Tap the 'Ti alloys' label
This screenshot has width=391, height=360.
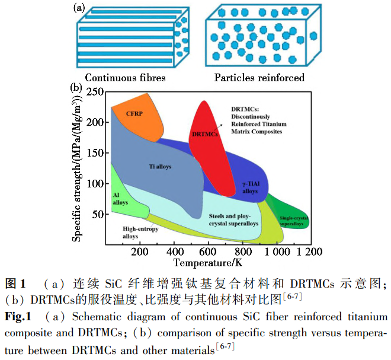(159, 167)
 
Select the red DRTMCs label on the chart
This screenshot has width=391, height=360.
(205, 135)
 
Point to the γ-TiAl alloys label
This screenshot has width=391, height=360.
(251, 187)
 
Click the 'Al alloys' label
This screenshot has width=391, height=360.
(120, 198)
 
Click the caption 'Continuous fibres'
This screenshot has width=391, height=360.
(125, 78)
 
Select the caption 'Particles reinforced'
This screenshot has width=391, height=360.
(259, 78)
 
